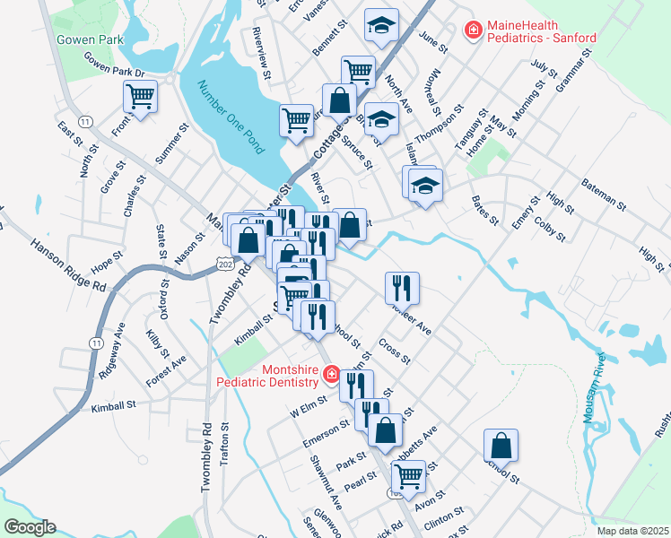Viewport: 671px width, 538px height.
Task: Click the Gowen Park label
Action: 89,40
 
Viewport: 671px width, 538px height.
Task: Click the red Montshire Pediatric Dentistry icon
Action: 330,373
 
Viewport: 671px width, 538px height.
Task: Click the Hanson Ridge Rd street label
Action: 67,264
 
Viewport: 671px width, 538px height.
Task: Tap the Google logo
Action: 30,527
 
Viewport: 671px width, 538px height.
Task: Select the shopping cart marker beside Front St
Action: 140,96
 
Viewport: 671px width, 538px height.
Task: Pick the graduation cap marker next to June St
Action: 381,26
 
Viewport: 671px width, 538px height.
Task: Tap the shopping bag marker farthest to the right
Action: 501,445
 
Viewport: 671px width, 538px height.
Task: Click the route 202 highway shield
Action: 224,260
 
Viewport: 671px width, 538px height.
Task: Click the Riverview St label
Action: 262,56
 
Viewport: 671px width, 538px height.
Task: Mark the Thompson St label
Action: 445,128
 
